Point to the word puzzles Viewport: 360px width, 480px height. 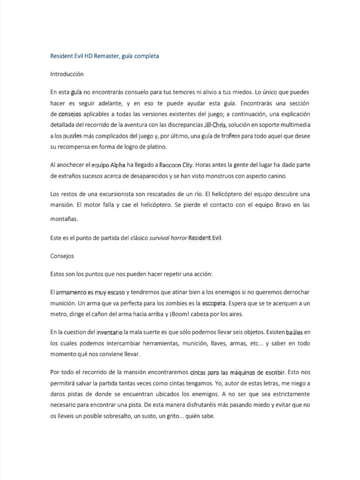(x=72, y=136)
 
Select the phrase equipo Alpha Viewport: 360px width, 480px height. (x=108, y=165)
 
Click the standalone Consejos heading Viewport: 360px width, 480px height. (x=62, y=256)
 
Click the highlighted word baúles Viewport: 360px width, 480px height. (x=293, y=332)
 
